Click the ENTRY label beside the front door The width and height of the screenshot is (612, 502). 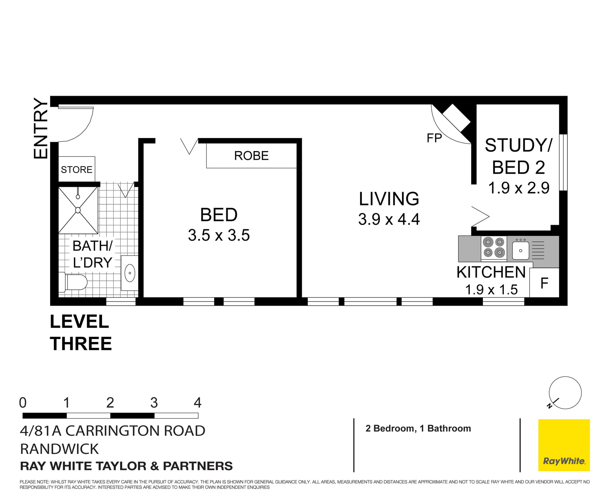(x=41, y=128)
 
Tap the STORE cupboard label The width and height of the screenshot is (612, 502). (x=76, y=170)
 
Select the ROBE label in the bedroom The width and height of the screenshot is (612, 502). (x=251, y=156)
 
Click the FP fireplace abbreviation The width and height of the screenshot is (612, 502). (x=434, y=138)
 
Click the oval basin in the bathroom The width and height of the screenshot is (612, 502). (x=130, y=273)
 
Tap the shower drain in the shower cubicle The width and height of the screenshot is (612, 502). (x=78, y=210)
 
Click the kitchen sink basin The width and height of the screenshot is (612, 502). (x=521, y=251)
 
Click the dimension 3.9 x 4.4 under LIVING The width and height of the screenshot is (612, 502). (x=389, y=220)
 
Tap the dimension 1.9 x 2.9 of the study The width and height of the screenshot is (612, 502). (x=519, y=188)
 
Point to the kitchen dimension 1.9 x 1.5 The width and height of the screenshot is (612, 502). (x=491, y=290)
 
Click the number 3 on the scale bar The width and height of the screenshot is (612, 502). (x=154, y=403)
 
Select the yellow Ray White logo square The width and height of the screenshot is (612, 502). (x=564, y=445)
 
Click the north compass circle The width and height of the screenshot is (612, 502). (x=565, y=393)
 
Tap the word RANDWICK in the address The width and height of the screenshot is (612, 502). (x=59, y=449)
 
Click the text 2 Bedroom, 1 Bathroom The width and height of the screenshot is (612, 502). (x=418, y=428)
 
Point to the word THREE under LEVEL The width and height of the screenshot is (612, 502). (x=81, y=344)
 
